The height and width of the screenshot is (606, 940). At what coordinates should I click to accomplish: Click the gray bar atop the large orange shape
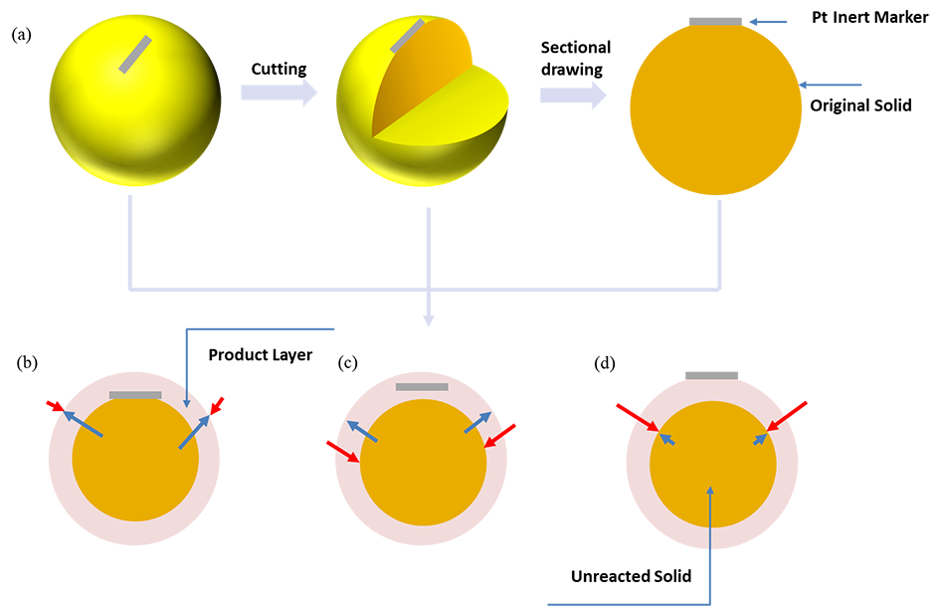713,17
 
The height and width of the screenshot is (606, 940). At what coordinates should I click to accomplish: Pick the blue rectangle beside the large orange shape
841,73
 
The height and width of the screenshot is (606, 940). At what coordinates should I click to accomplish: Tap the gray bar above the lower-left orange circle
135,395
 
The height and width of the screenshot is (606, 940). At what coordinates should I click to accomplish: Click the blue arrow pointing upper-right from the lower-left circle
194,432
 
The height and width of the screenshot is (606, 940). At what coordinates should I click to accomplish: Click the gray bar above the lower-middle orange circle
422,387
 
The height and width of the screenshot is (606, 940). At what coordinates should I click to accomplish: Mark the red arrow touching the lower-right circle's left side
642,421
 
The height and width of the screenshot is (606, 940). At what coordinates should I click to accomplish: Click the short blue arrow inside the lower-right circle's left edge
667,438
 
